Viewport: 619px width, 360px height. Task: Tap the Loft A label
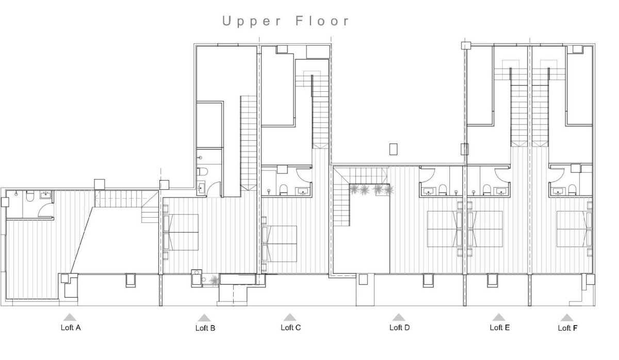pyautogui.click(x=71, y=328)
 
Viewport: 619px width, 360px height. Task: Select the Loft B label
pyautogui.click(x=205, y=328)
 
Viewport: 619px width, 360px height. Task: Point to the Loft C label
pyautogui.click(x=290, y=327)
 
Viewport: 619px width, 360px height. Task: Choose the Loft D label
pyautogui.click(x=399, y=327)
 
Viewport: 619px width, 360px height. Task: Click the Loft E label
pyautogui.click(x=499, y=327)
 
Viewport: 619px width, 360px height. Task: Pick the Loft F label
pyautogui.click(x=568, y=328)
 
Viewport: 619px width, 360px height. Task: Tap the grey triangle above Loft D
pyautogui.click(x=398, y=317)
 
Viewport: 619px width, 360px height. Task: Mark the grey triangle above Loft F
pyautogui.click(x=566, y=317)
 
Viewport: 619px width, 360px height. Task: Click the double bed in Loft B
pyautogui.click(x=182, y=232)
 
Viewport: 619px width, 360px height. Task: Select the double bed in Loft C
pyautogui.click(x=281, y=243)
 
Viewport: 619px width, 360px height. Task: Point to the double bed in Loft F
pyautogui.click(x=573, y=228)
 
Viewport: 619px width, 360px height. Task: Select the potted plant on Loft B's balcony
pyautogui.click(x=213, y=280)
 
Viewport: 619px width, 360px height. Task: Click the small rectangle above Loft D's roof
pyautogui.click(x=394, y=149)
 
